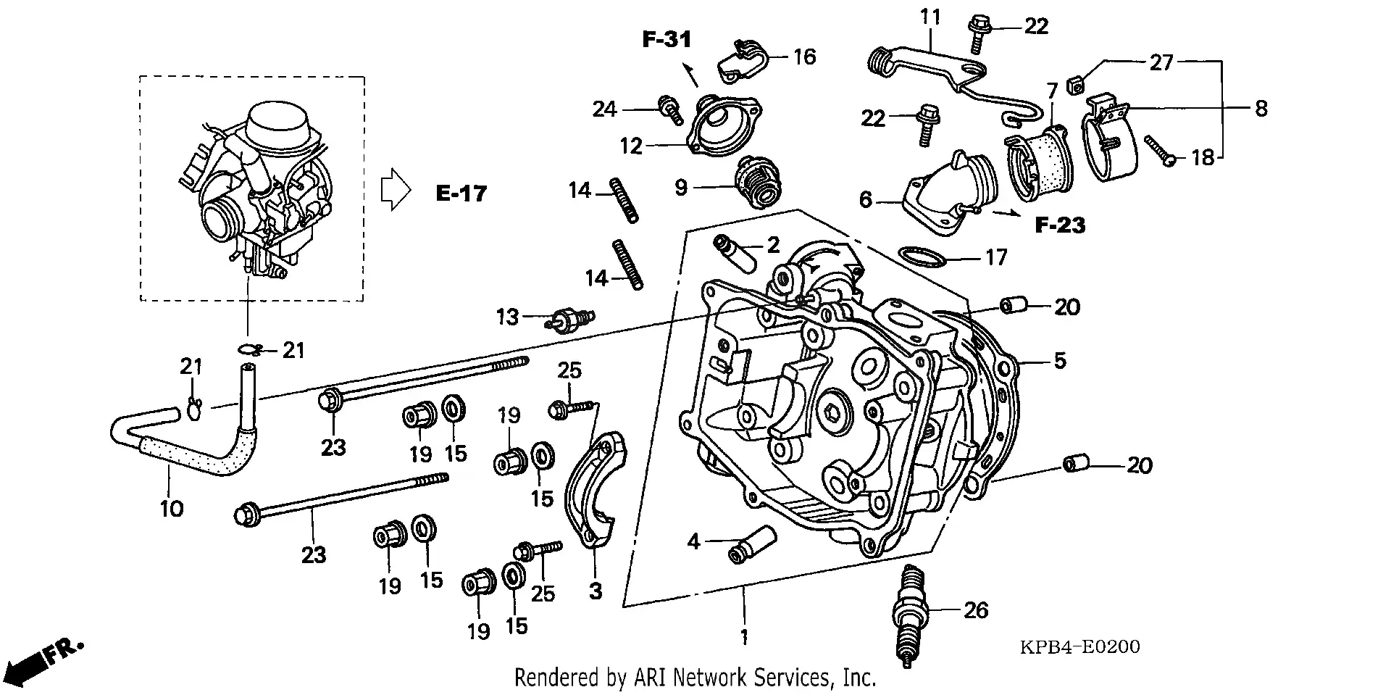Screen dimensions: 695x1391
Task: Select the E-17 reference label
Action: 461,193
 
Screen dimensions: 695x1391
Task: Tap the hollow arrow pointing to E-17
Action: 396,190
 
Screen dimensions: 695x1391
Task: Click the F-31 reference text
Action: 667,39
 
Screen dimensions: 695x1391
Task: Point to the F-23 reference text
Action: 1060,225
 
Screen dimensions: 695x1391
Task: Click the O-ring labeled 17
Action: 922,257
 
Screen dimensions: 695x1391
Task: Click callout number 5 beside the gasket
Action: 1059,360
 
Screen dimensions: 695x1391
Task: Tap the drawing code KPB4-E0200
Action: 1079,646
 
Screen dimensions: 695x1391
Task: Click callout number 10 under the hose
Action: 172,509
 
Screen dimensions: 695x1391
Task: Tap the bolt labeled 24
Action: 669,109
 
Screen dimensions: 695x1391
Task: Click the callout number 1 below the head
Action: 743,637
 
